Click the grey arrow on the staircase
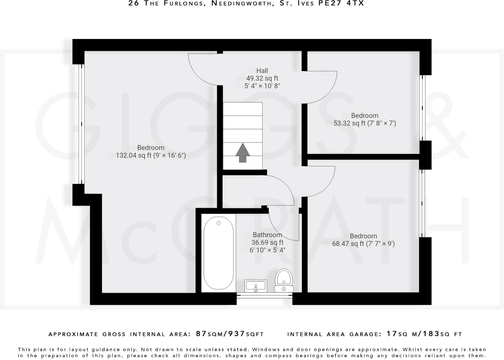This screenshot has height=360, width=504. (x=243, y=152)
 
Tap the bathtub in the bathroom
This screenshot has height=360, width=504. (x=218, y=253)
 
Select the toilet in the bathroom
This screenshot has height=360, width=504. (x=284, y=280)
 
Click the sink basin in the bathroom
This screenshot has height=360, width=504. (x=256, y=286)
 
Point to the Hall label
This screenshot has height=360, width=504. (x=262, y=71)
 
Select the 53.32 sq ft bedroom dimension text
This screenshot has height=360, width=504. (x=365, y=123)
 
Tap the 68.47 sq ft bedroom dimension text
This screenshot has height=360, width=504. (x=363, y=244)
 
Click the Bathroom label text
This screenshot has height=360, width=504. (x=267, y=235)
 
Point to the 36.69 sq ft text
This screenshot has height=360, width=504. (x=267, y=242)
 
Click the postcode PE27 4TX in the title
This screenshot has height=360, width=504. (x=341, y=3)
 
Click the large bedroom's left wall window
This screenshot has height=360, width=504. (x=81, y=124)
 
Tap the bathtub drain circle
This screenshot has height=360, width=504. (x=218, y=223)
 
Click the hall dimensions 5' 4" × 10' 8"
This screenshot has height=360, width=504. (x=262, y=86)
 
